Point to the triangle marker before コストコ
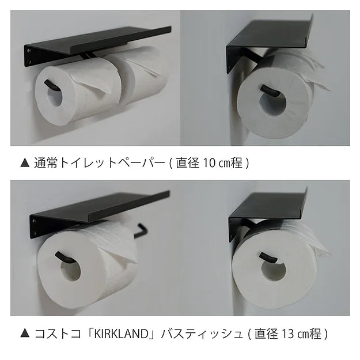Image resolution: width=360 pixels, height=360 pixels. (24, 334)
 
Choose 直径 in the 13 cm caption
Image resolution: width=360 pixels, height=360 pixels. (266, 334)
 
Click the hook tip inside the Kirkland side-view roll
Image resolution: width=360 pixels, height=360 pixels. (266, 256)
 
